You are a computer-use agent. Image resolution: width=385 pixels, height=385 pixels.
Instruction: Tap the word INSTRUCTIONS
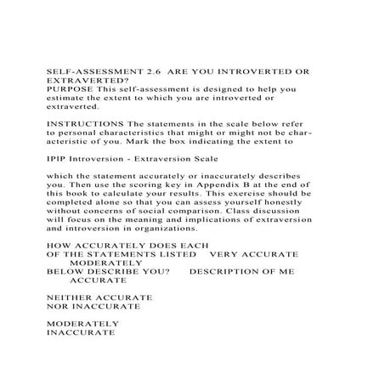[82, 122]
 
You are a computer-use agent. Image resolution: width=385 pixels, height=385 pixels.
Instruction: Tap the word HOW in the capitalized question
[55, 243]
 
